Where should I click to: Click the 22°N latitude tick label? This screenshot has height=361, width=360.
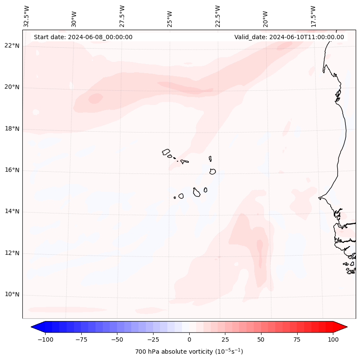click(12, 46)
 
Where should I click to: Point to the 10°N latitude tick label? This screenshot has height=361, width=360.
click(12, 295)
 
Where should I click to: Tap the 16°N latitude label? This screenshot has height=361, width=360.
click(12, 170)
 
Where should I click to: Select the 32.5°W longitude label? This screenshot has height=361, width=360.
click(27, 16)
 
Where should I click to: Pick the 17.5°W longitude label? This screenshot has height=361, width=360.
click(314, 16)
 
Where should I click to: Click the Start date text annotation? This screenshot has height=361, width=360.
click(83, 37)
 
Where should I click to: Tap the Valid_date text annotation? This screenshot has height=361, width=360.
click(289, 37)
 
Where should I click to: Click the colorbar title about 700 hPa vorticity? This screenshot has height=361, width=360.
click(189, 352)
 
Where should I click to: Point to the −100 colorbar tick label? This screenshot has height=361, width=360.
click(45, 339)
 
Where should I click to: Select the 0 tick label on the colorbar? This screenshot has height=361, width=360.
click(189, 339)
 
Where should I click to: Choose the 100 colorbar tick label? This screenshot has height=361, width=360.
click(333, 339)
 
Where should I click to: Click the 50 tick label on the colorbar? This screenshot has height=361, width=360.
click(261, 339)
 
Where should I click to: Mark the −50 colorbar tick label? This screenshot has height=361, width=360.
click(117, 339)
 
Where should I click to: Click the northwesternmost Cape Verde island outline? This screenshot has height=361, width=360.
click(166, 152)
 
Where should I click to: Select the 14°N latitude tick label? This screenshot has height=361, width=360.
click(12, 211)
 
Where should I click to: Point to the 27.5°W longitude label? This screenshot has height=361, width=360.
click(122, 16)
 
